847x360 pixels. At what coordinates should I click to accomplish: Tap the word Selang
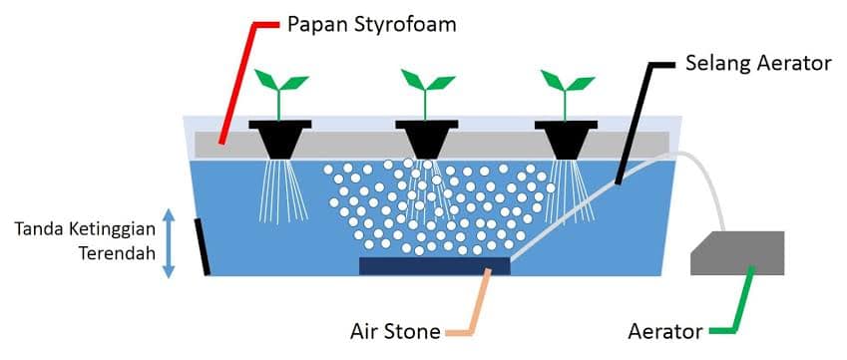tap(718, 64)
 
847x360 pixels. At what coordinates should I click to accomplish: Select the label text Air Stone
tap(395, 331)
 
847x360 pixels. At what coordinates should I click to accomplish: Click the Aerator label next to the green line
tap(665, 332)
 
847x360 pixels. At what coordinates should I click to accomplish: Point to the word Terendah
tap(117, 253)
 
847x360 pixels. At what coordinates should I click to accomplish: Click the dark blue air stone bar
tap(434, 265)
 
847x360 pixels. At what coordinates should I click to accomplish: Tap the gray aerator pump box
tap(737, 253)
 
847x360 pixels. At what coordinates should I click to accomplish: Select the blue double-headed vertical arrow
tap(169, 243)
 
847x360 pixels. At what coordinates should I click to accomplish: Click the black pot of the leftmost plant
tap(279, 139)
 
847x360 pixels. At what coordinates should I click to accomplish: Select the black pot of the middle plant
tap(427, 139)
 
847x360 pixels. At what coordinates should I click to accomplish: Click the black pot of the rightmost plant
tap(566, 140)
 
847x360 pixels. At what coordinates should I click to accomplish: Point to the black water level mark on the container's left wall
tap(203, 246)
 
